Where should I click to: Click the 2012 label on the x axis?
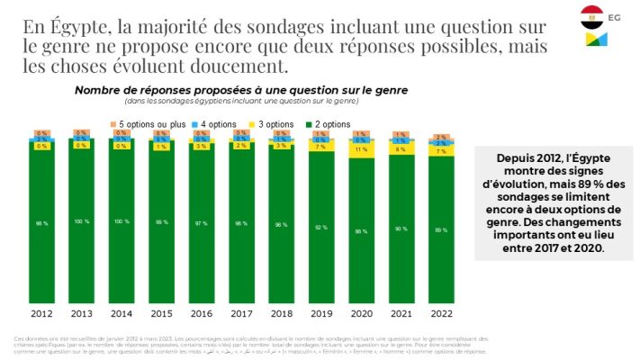click(x=41, y=315)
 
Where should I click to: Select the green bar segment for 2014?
click(x=121, y=225)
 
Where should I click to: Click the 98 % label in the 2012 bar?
click(x=41, y=222)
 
